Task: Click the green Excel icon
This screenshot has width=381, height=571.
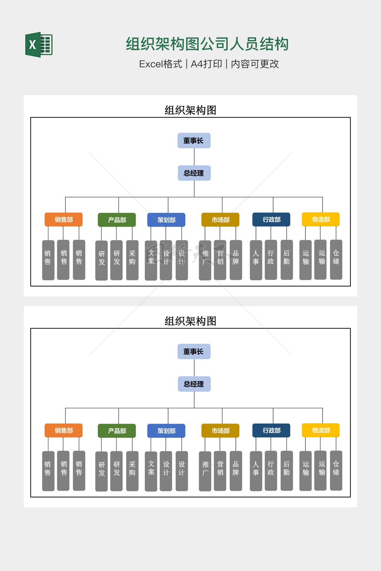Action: click(39, 45)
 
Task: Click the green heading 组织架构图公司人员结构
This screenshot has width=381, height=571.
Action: click(207, 44)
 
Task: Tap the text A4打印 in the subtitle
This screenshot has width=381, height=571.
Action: click(206, 64)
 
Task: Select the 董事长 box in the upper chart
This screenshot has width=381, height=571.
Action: click(194, 141)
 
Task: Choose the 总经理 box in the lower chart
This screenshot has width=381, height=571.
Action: click(194, 384)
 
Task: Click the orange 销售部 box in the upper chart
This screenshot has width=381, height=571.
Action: click(64, 220)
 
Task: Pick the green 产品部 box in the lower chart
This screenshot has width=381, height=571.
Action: click(117, 431)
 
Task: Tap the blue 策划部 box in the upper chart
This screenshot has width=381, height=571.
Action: click(166, 220)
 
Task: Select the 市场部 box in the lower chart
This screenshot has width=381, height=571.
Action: click(220, 431)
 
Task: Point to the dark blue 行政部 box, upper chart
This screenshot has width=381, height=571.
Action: click(271, 219)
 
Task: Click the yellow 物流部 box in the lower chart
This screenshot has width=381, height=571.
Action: click(321, 430)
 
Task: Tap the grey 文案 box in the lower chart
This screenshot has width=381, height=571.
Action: click(151, 471)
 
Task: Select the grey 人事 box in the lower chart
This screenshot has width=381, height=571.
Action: click(256, 471)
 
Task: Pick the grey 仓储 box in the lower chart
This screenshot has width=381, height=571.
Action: click(336, 470)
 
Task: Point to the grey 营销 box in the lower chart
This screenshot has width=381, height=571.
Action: click(220, 471)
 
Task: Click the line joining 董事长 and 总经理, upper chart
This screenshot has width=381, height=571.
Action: click(194, 157)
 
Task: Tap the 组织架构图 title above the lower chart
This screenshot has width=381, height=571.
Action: click(190, 321)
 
